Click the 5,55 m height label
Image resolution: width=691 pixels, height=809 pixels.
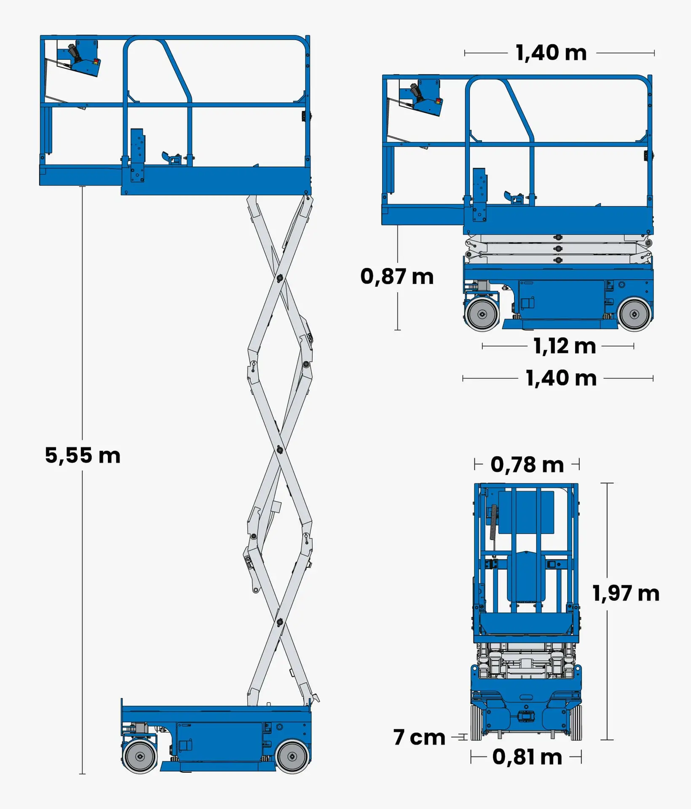[83, 455]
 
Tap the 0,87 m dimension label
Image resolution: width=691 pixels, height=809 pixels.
[397, 277]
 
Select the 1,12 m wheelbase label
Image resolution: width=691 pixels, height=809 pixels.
[565, 346]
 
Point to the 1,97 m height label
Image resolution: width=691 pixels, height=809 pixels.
[626, 593]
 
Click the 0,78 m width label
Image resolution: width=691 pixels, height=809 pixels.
[527, 465]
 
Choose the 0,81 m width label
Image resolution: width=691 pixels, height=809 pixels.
[527, 757]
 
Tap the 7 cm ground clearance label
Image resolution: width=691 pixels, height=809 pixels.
[419, 737]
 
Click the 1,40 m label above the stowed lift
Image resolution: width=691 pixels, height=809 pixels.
[551, 53]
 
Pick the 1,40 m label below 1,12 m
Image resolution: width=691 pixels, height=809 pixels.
[561, 378]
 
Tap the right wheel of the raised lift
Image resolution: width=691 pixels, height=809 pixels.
[292, 757]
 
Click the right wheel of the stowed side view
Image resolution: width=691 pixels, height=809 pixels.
[635, 314]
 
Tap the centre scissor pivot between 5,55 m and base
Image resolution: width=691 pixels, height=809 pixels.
[279, 450]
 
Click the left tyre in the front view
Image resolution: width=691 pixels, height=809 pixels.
[476, 722]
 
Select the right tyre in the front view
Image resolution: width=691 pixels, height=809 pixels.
[576, 722]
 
